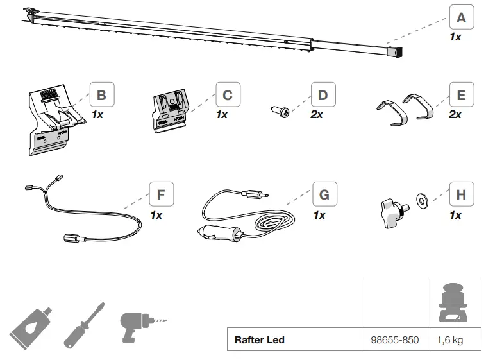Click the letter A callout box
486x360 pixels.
[x=461, y=17]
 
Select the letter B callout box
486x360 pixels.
[x=101, y=96]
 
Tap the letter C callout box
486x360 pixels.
[x=227, y=96]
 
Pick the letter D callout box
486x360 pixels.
[x=323, y=96]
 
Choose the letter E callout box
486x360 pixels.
[x=461, y=96]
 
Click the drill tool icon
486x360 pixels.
[x=137, y=323]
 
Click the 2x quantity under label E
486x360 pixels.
[x=455, y=114]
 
